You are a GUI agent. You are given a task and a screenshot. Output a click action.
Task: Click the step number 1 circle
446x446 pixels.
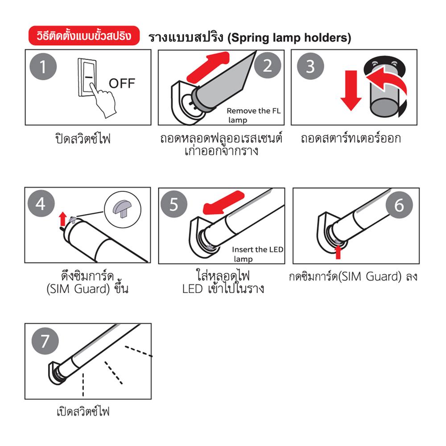pyautogui.click(x=43, y=66)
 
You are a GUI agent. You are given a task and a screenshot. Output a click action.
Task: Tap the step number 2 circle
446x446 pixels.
pyautogui.click(x=268, y=66)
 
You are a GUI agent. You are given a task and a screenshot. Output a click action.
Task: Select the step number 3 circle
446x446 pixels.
pyautogui.click(x=310, y=66)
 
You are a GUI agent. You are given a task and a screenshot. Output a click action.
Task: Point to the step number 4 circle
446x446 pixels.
pyautogui.click(x=41, y=203)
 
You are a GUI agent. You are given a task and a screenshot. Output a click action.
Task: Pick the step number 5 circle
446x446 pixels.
pyautogui.click(x=174, y=204)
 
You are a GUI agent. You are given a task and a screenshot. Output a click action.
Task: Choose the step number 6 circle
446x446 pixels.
pyautogui.click(x=399, y=205)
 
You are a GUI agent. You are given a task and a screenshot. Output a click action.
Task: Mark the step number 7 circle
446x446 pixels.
pyautogui.click(x=45, y=341)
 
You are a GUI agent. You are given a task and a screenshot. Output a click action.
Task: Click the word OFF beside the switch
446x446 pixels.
pyautogui.click(x=122, y=84)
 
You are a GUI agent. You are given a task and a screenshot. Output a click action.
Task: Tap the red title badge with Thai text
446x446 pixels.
pyautogui.click(x=84, y=36)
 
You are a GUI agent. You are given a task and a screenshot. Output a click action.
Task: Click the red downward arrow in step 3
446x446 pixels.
pyautogui.click(x=351, y=90)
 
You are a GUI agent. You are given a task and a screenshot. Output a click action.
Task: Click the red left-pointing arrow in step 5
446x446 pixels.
pyautogui.click(x=223, y=202)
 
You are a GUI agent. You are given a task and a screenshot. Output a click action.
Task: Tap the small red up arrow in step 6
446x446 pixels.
pyautogui.click(x=338, y=252)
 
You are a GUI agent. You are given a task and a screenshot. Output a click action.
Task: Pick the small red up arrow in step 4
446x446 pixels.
pyautogui.click(x=63, y=219)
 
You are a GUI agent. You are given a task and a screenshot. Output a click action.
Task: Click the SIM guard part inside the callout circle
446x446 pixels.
pyautogui.click(x=123, y=208)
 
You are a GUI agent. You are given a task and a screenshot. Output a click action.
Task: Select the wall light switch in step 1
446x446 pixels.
pyautogui.click(x=87, y=77)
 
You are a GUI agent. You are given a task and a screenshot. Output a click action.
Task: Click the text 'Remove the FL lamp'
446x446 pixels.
pyautogui.click(x=253, y=115)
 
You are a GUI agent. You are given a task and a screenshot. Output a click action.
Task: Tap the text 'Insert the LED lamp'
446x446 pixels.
pyautogui.click(x=257, y=254)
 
